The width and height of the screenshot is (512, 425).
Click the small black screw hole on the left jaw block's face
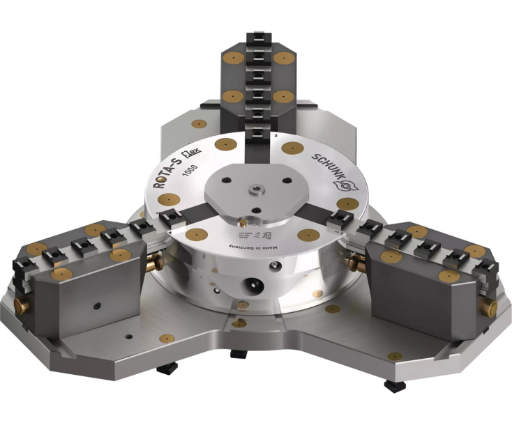94,307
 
